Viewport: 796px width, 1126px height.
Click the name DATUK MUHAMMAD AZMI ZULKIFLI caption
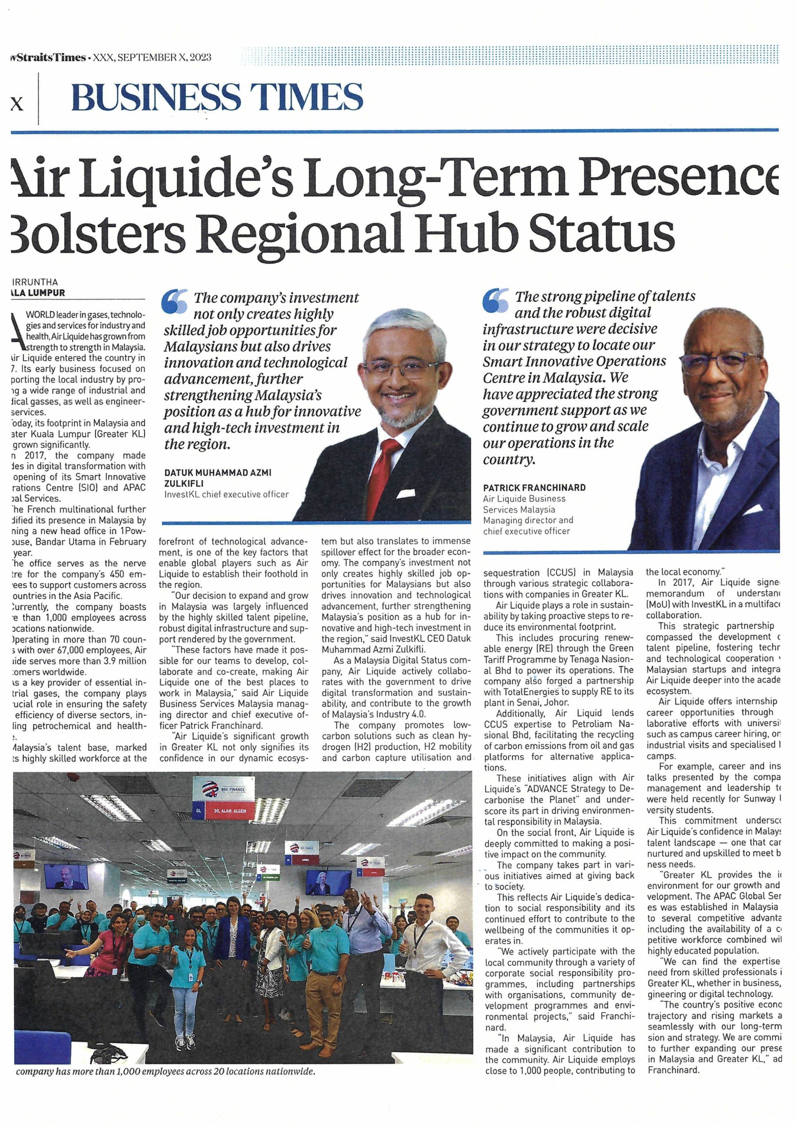[218, 477]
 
